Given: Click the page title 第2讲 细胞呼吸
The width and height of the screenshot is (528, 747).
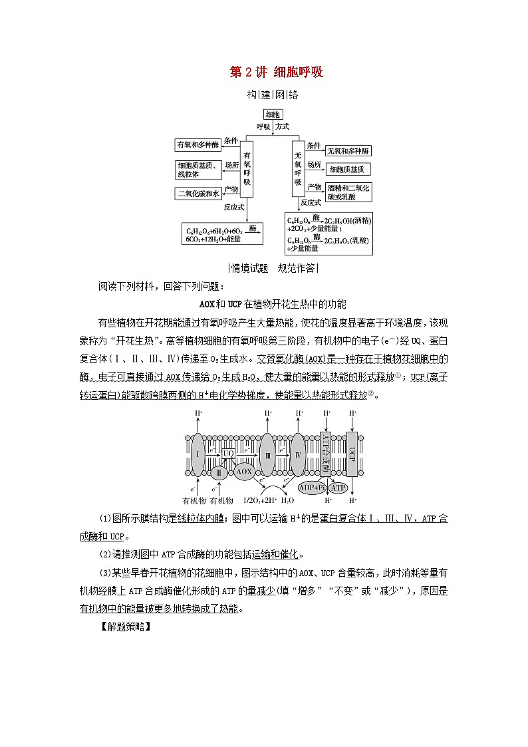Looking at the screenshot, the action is [276, 72].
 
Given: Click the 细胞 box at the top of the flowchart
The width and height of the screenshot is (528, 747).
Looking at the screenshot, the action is [273, 114].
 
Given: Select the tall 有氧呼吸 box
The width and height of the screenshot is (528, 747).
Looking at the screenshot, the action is [247, 169].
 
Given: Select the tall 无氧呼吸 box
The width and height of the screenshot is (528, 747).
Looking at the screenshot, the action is [298, 168].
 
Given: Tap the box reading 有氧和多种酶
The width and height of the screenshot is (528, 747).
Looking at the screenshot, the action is [198, 144].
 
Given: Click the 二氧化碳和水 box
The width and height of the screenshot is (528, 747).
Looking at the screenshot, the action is [198, 194].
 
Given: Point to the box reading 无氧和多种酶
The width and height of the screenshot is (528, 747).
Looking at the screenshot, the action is [348, 152].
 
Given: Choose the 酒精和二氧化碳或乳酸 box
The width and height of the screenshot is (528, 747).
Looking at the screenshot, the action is [348, 192].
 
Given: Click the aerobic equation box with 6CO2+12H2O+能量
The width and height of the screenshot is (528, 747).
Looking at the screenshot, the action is [223, 233].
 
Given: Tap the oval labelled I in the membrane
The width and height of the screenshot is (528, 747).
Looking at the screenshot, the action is [198, 454].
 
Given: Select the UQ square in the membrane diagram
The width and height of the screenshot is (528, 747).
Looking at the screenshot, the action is [228, 453].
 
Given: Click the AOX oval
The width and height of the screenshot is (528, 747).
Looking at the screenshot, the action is [244, 472].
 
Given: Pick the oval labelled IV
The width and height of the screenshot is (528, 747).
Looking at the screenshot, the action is [298, 454].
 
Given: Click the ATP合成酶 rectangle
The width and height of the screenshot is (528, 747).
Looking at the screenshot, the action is [326, 452].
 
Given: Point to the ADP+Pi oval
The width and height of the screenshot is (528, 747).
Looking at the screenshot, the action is [312, 488].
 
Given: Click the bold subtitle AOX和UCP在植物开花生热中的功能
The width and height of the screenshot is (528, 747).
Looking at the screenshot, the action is [273, 304].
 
